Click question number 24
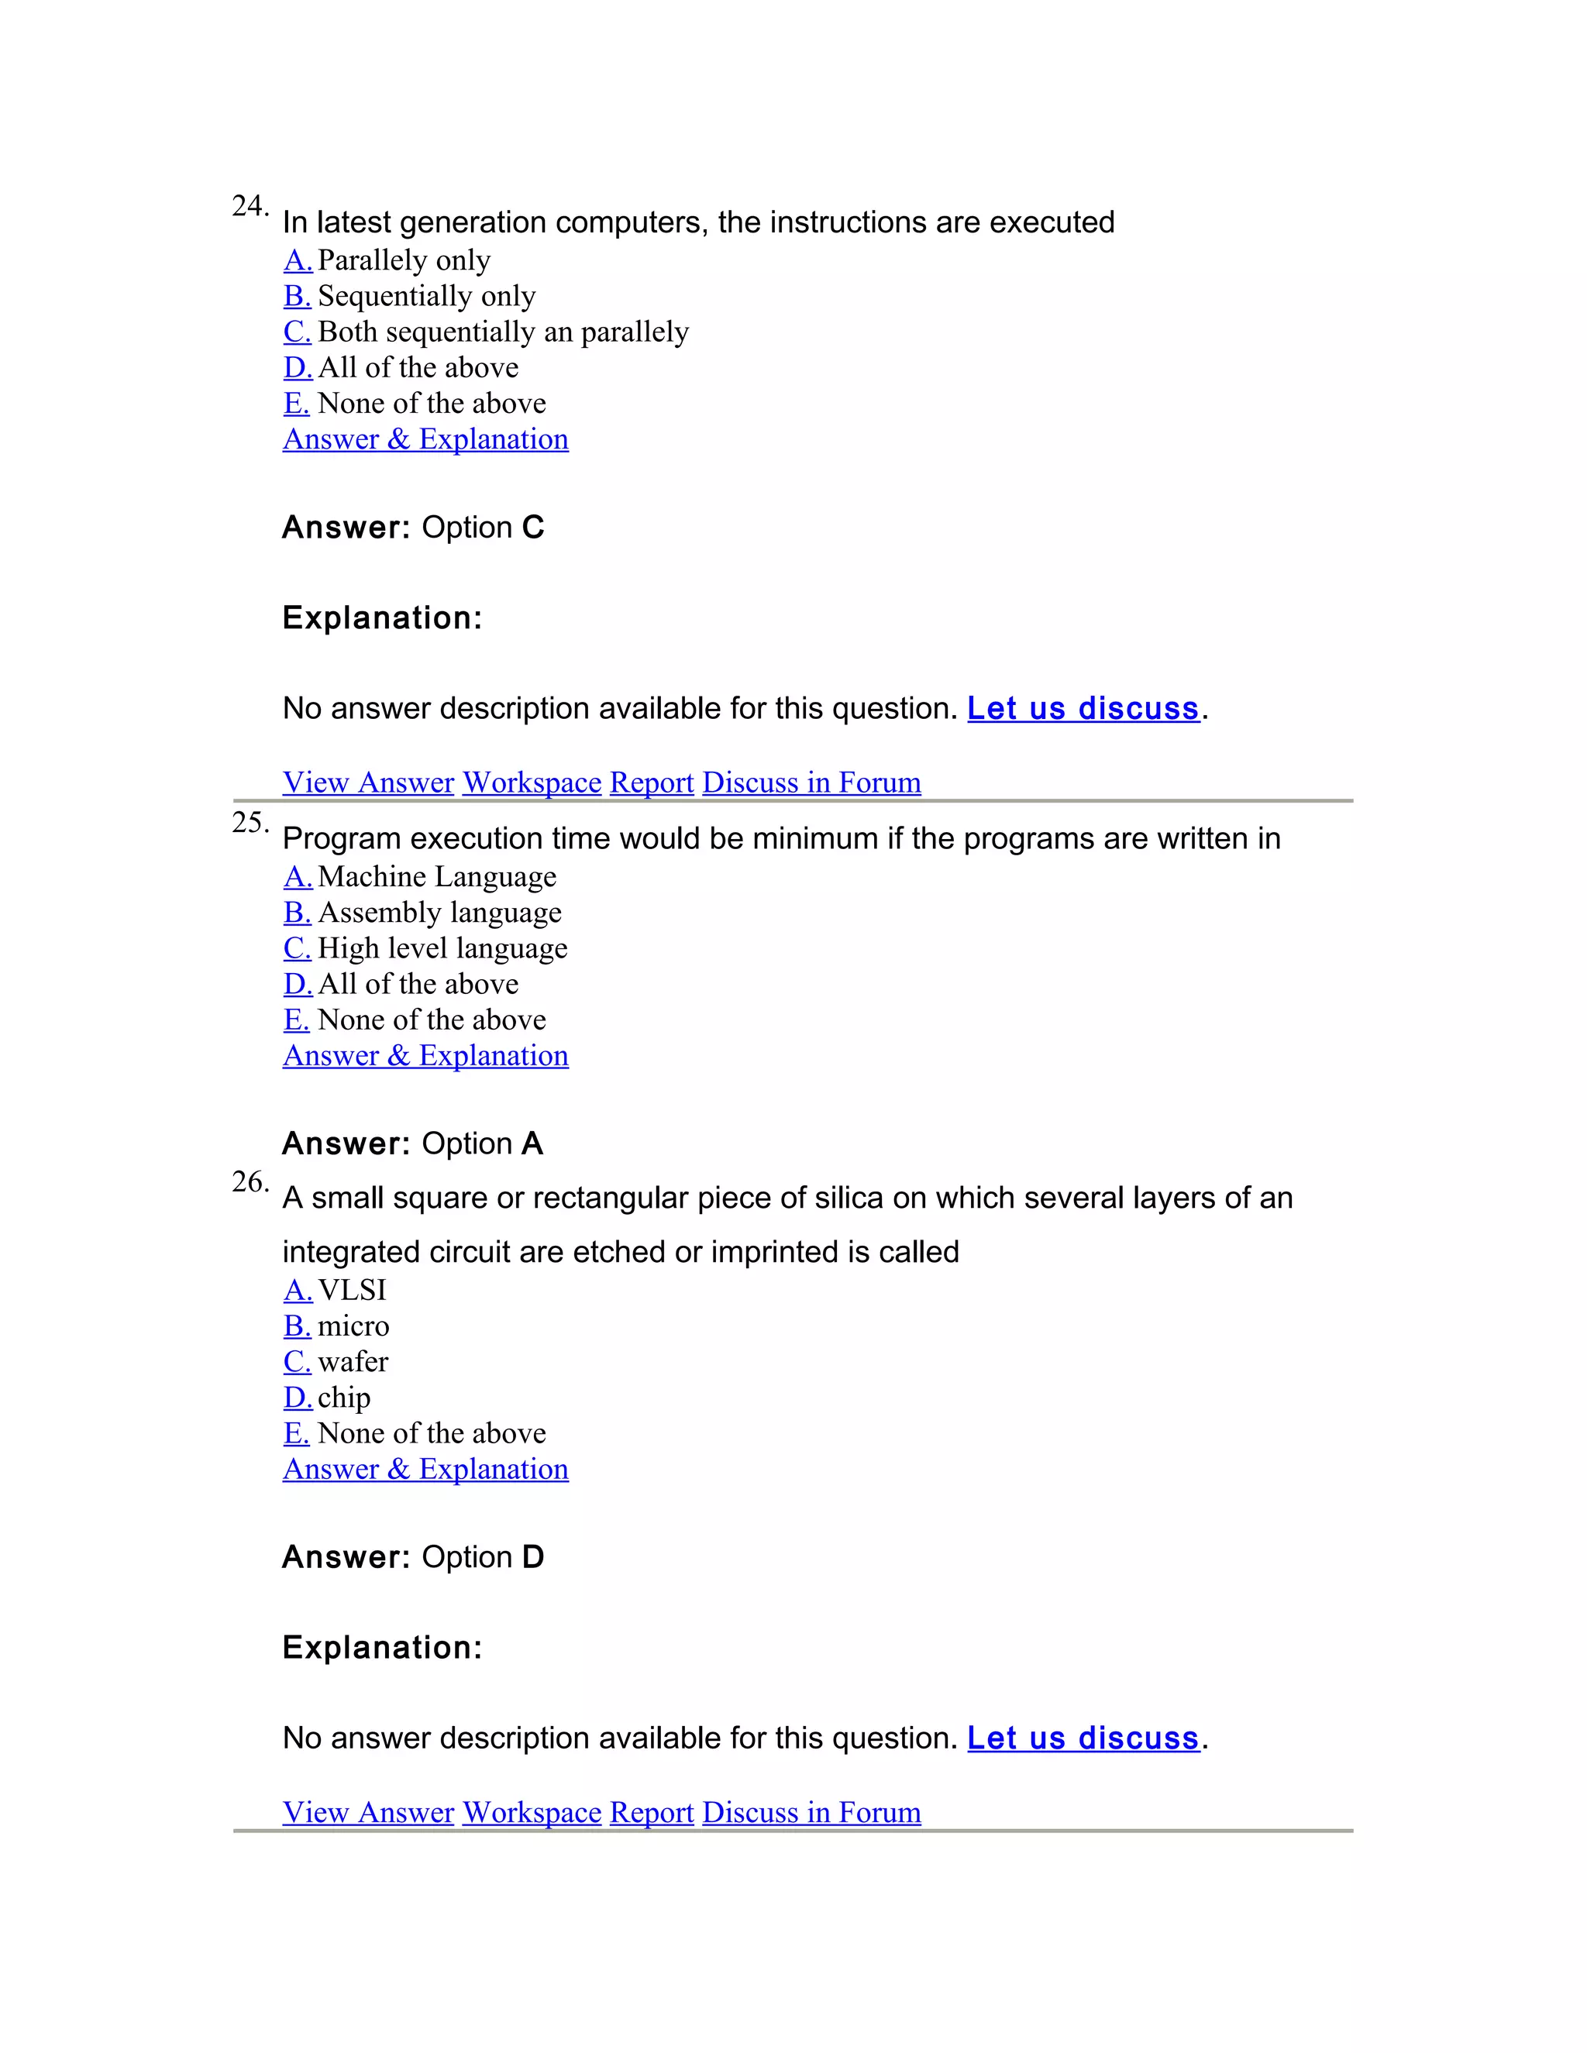point(250,206)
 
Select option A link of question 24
point(297,260)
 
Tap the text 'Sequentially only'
point(426,296)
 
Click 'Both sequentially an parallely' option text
point(503,332)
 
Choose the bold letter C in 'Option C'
point(533,528)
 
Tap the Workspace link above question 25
point(531,782)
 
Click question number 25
point(250,823)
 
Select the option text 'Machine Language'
point(436,876)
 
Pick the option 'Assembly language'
point(439,912)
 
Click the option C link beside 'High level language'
point(297,947)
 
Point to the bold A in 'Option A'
point(532,1144)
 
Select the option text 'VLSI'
point(352,1290)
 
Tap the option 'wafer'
point(353,1361)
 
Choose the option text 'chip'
point(344,1398)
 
